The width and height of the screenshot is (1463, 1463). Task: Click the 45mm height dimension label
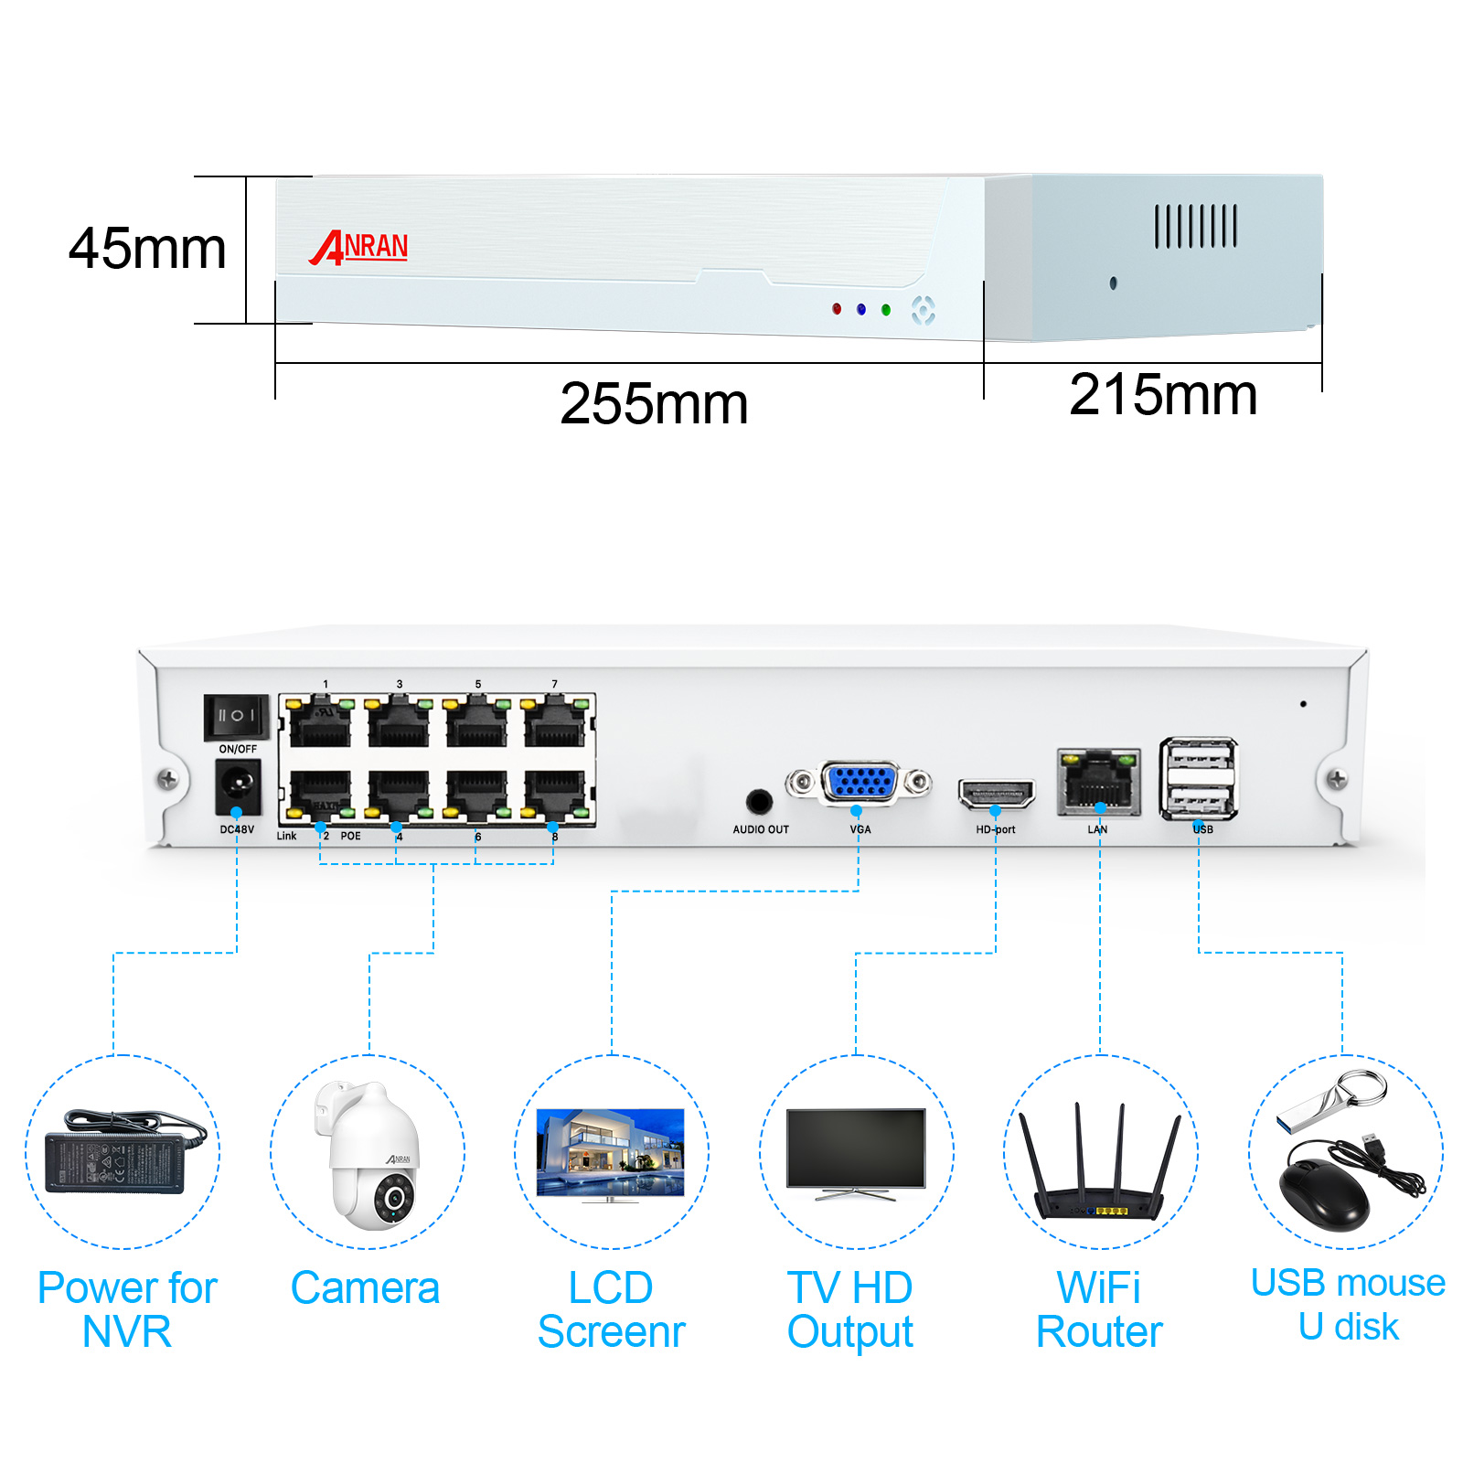[x=147, y=249]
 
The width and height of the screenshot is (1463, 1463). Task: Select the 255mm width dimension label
[x=653, y=404]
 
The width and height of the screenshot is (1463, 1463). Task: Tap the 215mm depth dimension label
[x=1162, y=395]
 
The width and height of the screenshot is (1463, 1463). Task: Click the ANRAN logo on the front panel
[x=359, y=247]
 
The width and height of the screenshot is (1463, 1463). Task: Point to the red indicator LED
[x=836, y=309]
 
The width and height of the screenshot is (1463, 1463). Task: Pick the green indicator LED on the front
[x=885, y=310]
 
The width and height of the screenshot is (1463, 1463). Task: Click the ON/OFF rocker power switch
[x=236, y=716]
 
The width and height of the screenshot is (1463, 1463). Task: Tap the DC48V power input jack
[x=238, y=785]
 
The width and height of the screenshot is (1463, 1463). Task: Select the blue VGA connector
[x=860, y=783]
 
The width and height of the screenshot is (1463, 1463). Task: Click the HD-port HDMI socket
[x=996, y=793]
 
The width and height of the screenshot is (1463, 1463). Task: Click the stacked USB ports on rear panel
[x=1199, y=778]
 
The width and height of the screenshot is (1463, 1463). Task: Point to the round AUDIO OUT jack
[x=758, y=802]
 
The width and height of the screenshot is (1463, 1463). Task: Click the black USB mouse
[x=1324, y=1193]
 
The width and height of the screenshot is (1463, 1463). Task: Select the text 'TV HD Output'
[x=849, y=1309]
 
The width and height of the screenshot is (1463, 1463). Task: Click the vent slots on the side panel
[x=1195, y=226]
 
